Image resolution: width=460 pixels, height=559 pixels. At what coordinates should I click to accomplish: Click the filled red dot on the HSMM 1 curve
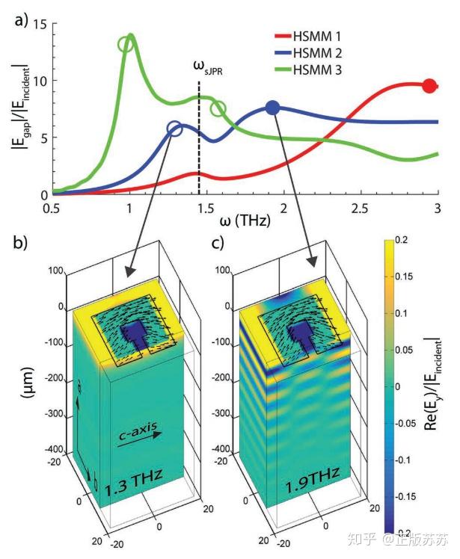click(x=429, y=86)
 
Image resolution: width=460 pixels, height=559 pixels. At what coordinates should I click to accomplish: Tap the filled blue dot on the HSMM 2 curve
click(x=273, y=108)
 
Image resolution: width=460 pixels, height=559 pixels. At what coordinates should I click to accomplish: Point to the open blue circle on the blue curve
click(x=175, y=129)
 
